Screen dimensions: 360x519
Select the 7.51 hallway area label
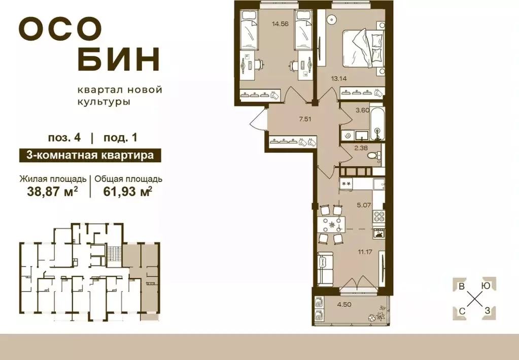pos(305,119)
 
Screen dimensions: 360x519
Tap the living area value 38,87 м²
pos(49,191)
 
